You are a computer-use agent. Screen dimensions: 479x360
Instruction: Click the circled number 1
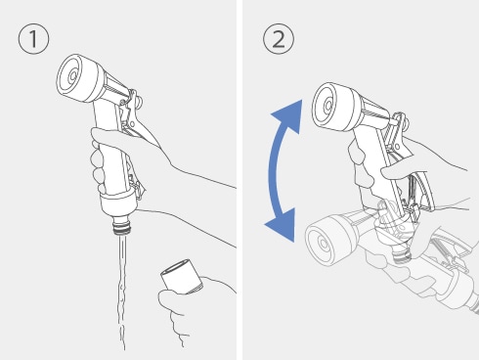click(x=33, y=38)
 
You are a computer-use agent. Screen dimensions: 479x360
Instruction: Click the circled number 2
click(x=279, y=38)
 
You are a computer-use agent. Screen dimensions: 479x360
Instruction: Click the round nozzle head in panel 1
click(x=79, y=77)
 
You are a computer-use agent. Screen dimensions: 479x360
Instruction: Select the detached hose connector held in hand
click(x=182, y=276)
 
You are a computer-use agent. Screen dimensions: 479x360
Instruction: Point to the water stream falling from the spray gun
click(x=122, y=292)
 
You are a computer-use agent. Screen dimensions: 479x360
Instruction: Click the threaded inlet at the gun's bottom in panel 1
click(x=122, y=226)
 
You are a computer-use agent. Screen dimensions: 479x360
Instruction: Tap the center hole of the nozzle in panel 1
click(x=72, y=76)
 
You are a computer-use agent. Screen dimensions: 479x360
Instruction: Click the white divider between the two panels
click(x=239, y=180)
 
